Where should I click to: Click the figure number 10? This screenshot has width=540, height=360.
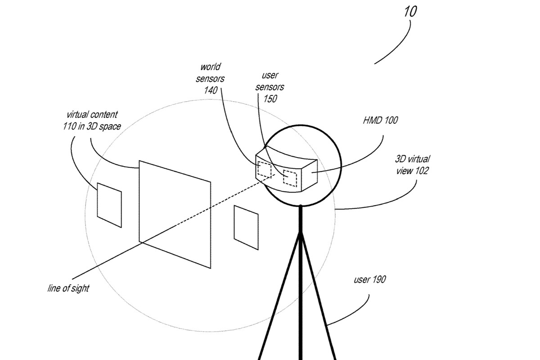point(410,11)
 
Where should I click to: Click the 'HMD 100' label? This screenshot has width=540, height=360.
point(380,120)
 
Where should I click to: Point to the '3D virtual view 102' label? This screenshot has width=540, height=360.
point(412,165)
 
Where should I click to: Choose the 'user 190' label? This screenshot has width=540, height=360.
point(369,280)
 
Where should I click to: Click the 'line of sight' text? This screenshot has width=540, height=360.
point(68,288)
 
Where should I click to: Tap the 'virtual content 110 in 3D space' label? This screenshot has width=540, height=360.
point(92,121)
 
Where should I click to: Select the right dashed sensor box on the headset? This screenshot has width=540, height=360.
point(289,179)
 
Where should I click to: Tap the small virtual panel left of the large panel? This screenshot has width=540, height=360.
point(109,205)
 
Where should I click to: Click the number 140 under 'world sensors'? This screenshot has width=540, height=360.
point(211,90)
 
